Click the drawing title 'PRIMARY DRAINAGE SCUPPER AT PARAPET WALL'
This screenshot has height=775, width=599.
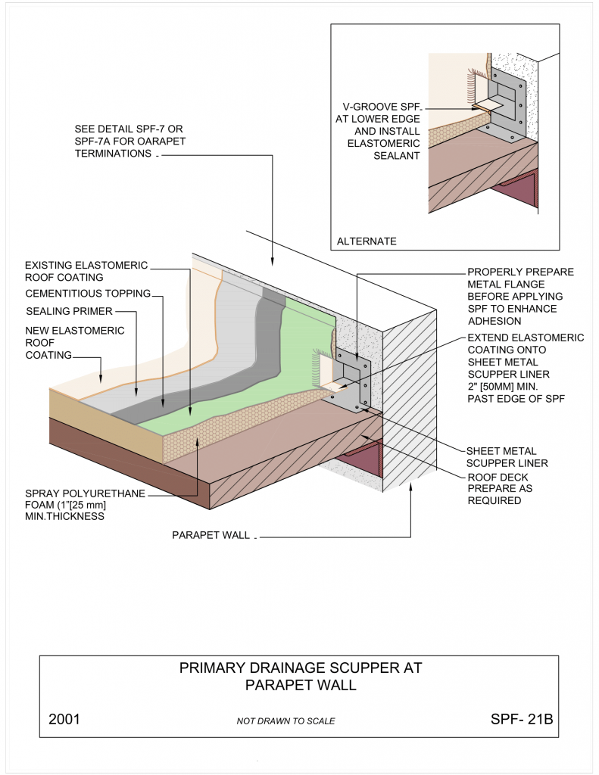click(299, 677)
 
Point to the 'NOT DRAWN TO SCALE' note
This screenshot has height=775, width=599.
click(285, 721)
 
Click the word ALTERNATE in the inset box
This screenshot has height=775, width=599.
click(366, 241)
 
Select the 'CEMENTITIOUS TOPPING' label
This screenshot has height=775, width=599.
click(88, 294)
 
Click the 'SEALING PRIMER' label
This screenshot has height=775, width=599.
click(70, 312)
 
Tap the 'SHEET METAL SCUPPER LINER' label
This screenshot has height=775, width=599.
click(507, 457)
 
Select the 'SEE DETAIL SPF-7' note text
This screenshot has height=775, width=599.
click(129, 141)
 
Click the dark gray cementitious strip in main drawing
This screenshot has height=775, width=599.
click(227, 371)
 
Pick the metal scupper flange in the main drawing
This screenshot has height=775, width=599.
click(356, 382)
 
